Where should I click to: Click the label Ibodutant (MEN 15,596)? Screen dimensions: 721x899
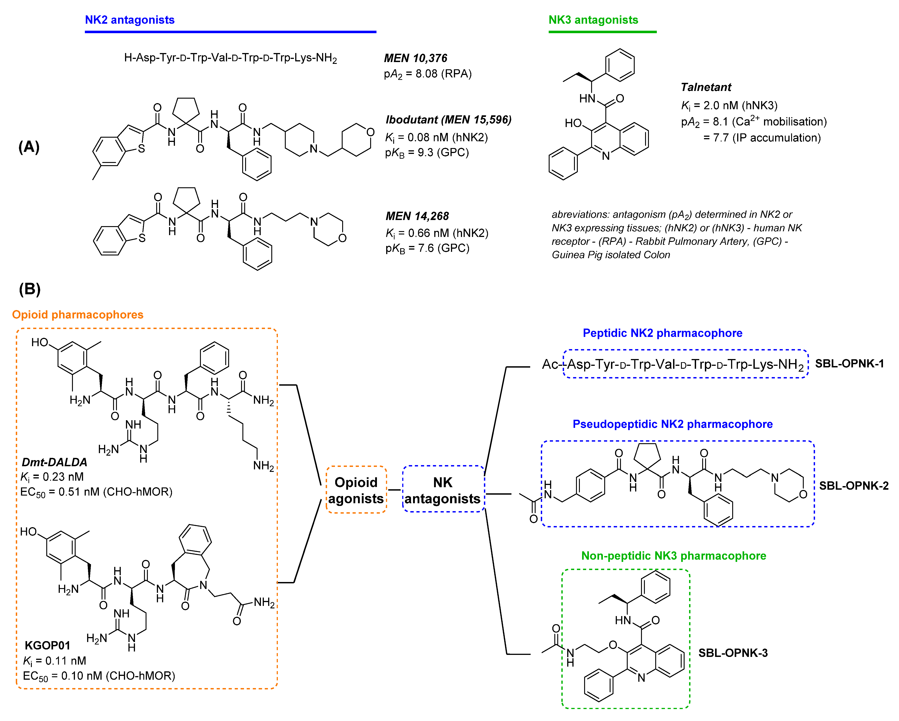[448, 120]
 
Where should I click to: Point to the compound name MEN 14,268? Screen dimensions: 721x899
[417, 216]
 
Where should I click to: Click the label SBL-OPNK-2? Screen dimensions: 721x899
[853, 486]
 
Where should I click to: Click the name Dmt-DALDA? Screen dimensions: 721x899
[54, 462]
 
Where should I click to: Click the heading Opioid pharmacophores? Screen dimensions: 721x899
[78, 314]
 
